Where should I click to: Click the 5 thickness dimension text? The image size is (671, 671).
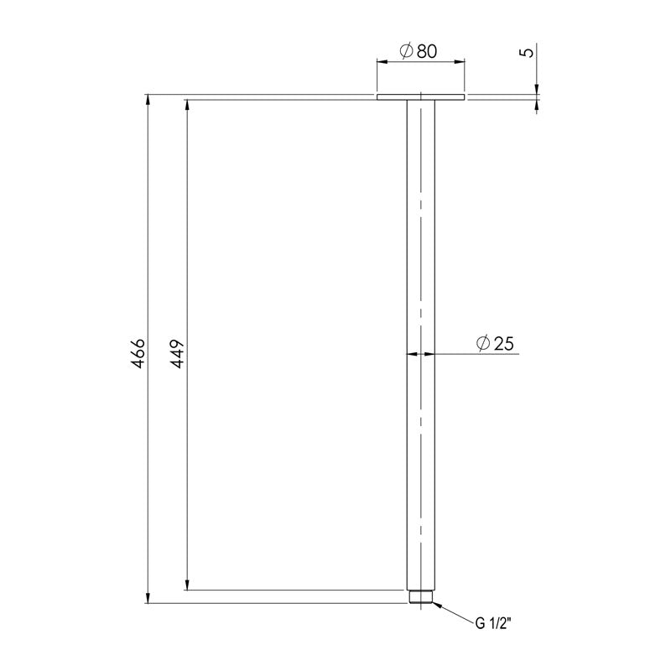click(526, 52)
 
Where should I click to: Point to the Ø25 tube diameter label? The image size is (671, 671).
click(494, 343)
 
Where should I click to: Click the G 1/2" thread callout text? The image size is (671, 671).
click(494, 623)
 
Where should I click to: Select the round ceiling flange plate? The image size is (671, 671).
click(420, 98)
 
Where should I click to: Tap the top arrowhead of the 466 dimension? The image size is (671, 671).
click(149, 101)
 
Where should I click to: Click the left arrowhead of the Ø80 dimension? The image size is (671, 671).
click(382, 61)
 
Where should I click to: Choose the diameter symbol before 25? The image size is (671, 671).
click(482, 343)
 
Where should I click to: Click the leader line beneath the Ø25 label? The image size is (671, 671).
click(478, 354)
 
